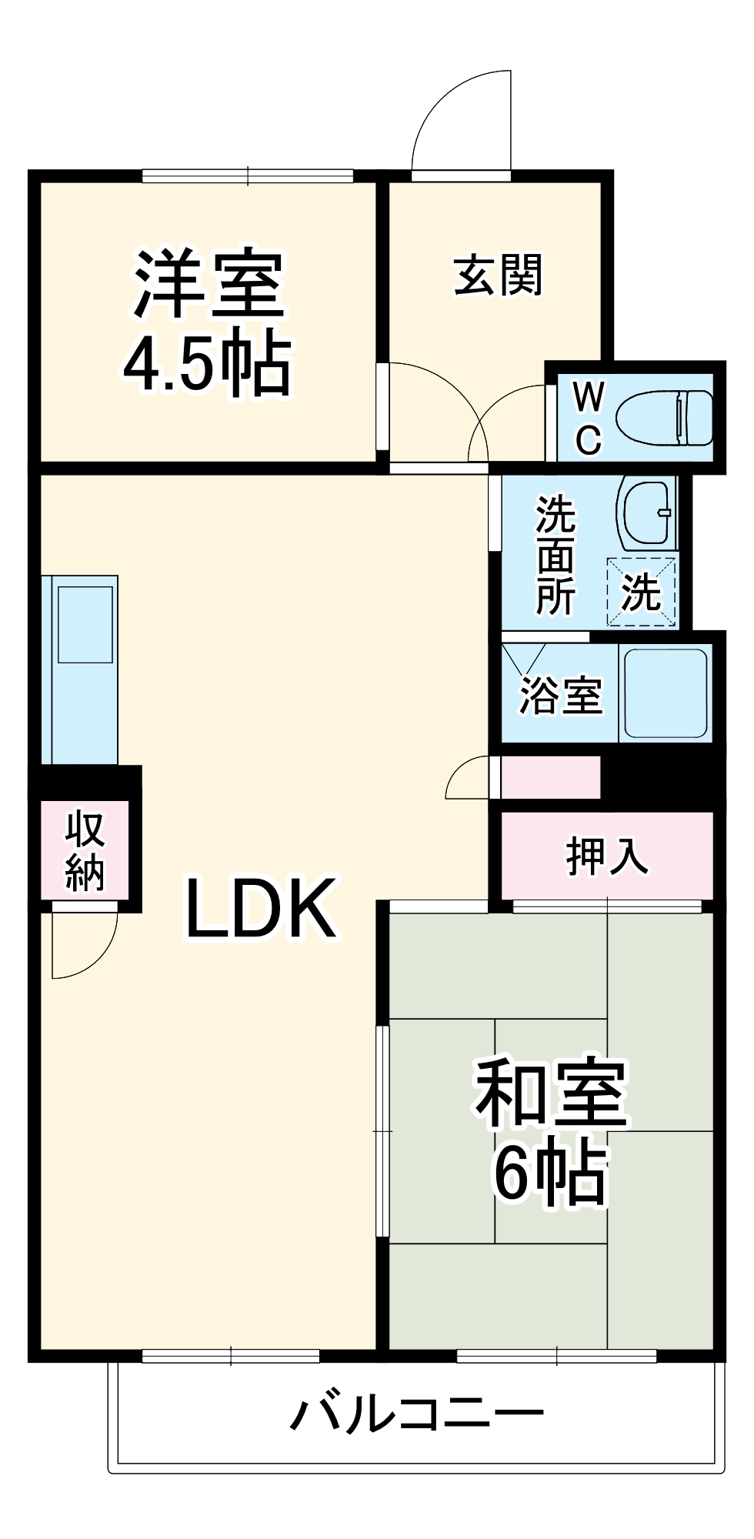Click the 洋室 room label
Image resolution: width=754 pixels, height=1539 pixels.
[x=209, y=284]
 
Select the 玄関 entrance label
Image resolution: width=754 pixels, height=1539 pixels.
[x=498, y=275]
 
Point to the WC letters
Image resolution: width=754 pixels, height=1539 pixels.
[x=589, y=419]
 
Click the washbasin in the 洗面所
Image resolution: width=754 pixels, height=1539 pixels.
[x=645, y=513]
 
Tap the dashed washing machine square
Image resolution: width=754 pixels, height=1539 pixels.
[x=641, y=592]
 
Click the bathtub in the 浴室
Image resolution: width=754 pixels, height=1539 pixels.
[x=666, y=693]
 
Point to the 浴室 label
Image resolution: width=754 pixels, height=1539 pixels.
[x=560, y=695]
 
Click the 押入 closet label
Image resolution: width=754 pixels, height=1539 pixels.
[x=607, y=855]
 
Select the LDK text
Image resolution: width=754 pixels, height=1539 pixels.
[x=261, y=909]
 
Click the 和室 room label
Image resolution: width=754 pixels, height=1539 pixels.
[x=551, y=1093]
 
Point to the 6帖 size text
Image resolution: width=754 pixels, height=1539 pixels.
[x=550, y=1174]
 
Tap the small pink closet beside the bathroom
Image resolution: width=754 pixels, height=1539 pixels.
[x=549, y=777]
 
